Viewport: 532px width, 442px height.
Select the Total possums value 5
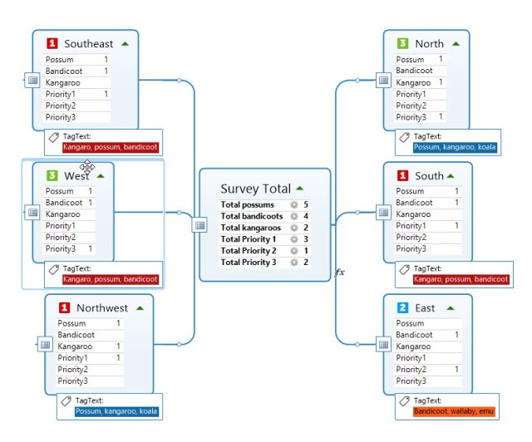point(306,204)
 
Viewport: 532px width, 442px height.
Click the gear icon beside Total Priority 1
point(293,239)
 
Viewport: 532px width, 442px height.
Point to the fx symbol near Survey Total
point(339,272)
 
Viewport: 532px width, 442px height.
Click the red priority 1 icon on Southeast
point(52,43)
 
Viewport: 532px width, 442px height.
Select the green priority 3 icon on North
point(402,43)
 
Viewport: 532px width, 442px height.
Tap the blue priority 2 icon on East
point(402,307)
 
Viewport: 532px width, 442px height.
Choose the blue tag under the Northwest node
point(115,411)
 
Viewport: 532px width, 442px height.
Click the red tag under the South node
point(461,279)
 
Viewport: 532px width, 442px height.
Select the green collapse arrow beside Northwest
point(140,307)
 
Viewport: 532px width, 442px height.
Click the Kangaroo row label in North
point(413,83)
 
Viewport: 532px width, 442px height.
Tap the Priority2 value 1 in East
point(456,370)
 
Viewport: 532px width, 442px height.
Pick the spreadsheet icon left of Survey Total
point(199,225)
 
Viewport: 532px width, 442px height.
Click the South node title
point(429,176)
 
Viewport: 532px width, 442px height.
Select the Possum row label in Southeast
point(60,60)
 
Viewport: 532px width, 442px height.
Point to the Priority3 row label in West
point(61,249)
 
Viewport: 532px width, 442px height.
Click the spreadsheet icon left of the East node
point(383,344)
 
